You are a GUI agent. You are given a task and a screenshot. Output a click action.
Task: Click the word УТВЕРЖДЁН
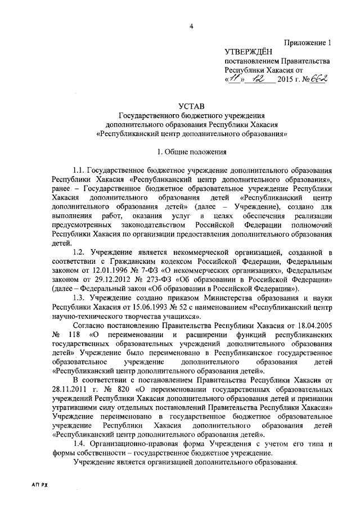[249, 52]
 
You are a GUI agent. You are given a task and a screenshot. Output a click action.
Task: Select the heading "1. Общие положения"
[192, 151]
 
